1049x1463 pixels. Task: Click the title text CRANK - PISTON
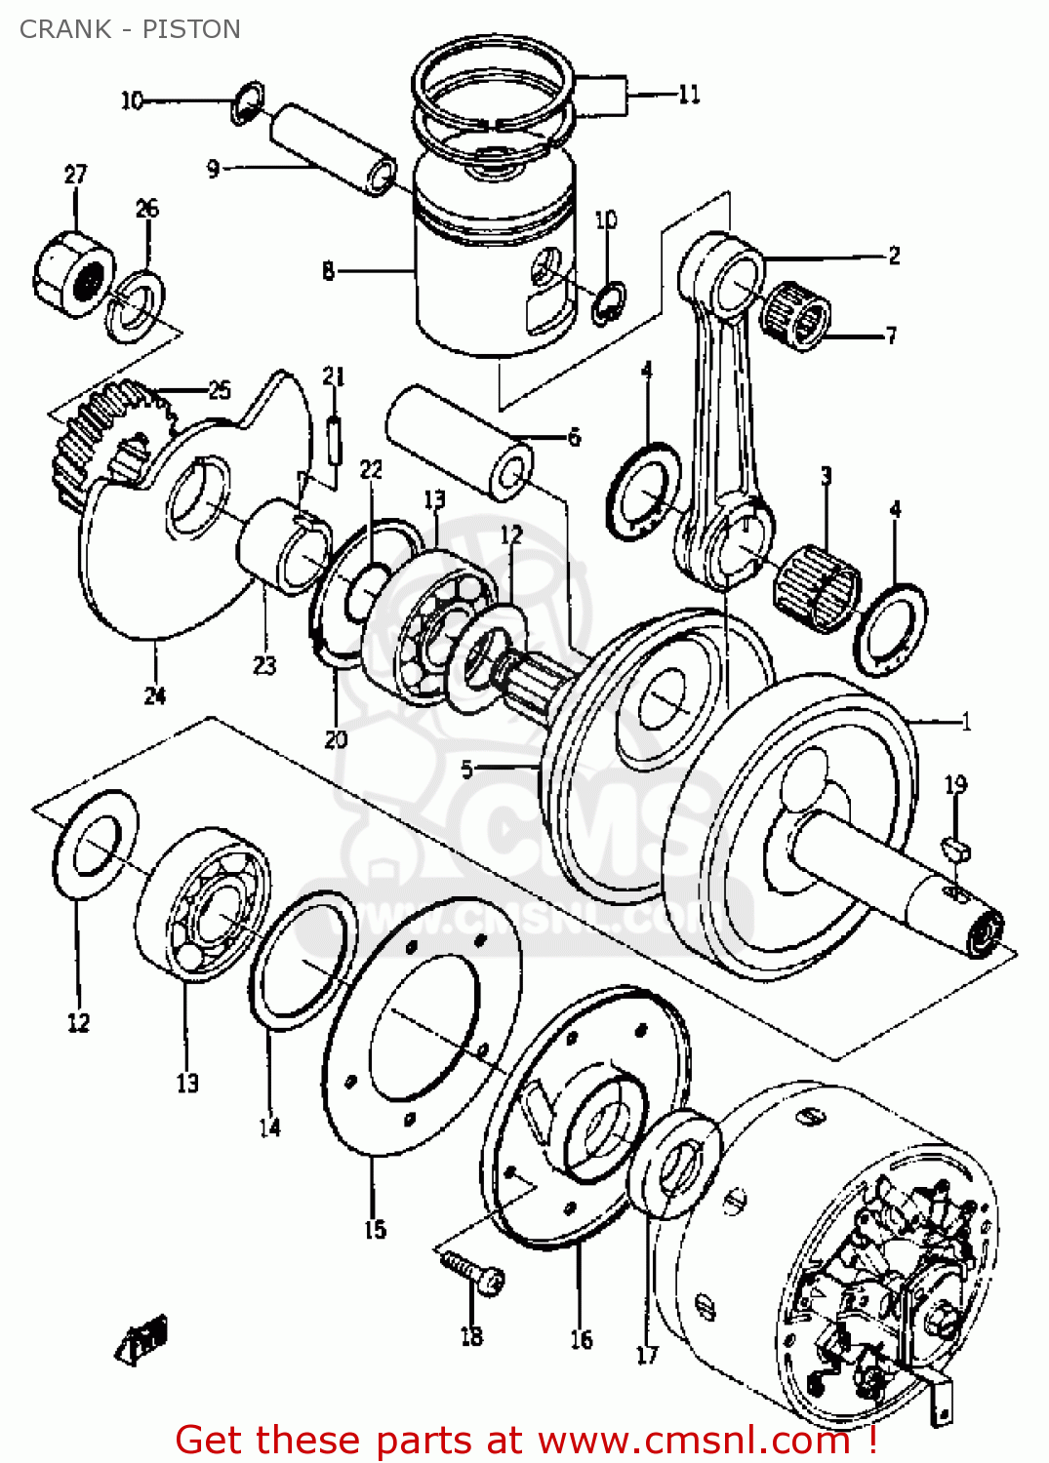click(130, 29)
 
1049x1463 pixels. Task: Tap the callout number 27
click(75, 175)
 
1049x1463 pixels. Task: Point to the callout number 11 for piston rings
click(689, 95)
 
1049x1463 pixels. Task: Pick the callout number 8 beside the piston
click(328, 270)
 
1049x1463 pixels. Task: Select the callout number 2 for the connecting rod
click(894, 256)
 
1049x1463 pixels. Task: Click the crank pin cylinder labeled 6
click(459, 442)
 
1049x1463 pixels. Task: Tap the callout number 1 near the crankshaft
click(966, 722)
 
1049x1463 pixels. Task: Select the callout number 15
click(375, 1230)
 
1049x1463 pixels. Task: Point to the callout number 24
click(155, 695)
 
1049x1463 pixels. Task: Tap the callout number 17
click(647, 1355)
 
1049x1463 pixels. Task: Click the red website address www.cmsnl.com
click(693, 1440)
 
